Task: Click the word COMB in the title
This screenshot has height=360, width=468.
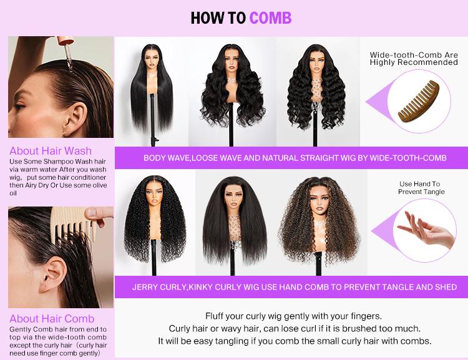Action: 270,17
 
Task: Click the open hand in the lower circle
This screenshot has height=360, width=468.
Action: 427,228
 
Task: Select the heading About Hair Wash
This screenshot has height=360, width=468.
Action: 51,150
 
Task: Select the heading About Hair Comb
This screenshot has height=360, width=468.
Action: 52,319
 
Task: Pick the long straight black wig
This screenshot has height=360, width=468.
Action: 150,87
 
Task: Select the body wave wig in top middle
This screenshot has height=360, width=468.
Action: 236,84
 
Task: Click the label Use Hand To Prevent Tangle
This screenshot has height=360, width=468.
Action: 419,188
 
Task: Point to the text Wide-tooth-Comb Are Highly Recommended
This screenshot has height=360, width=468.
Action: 414,59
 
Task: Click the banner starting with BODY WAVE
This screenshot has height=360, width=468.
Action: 295,158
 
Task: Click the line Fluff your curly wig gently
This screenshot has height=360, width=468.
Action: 293,316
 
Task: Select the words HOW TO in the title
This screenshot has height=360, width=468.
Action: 218,17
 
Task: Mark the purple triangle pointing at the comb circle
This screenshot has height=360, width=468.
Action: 374,102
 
